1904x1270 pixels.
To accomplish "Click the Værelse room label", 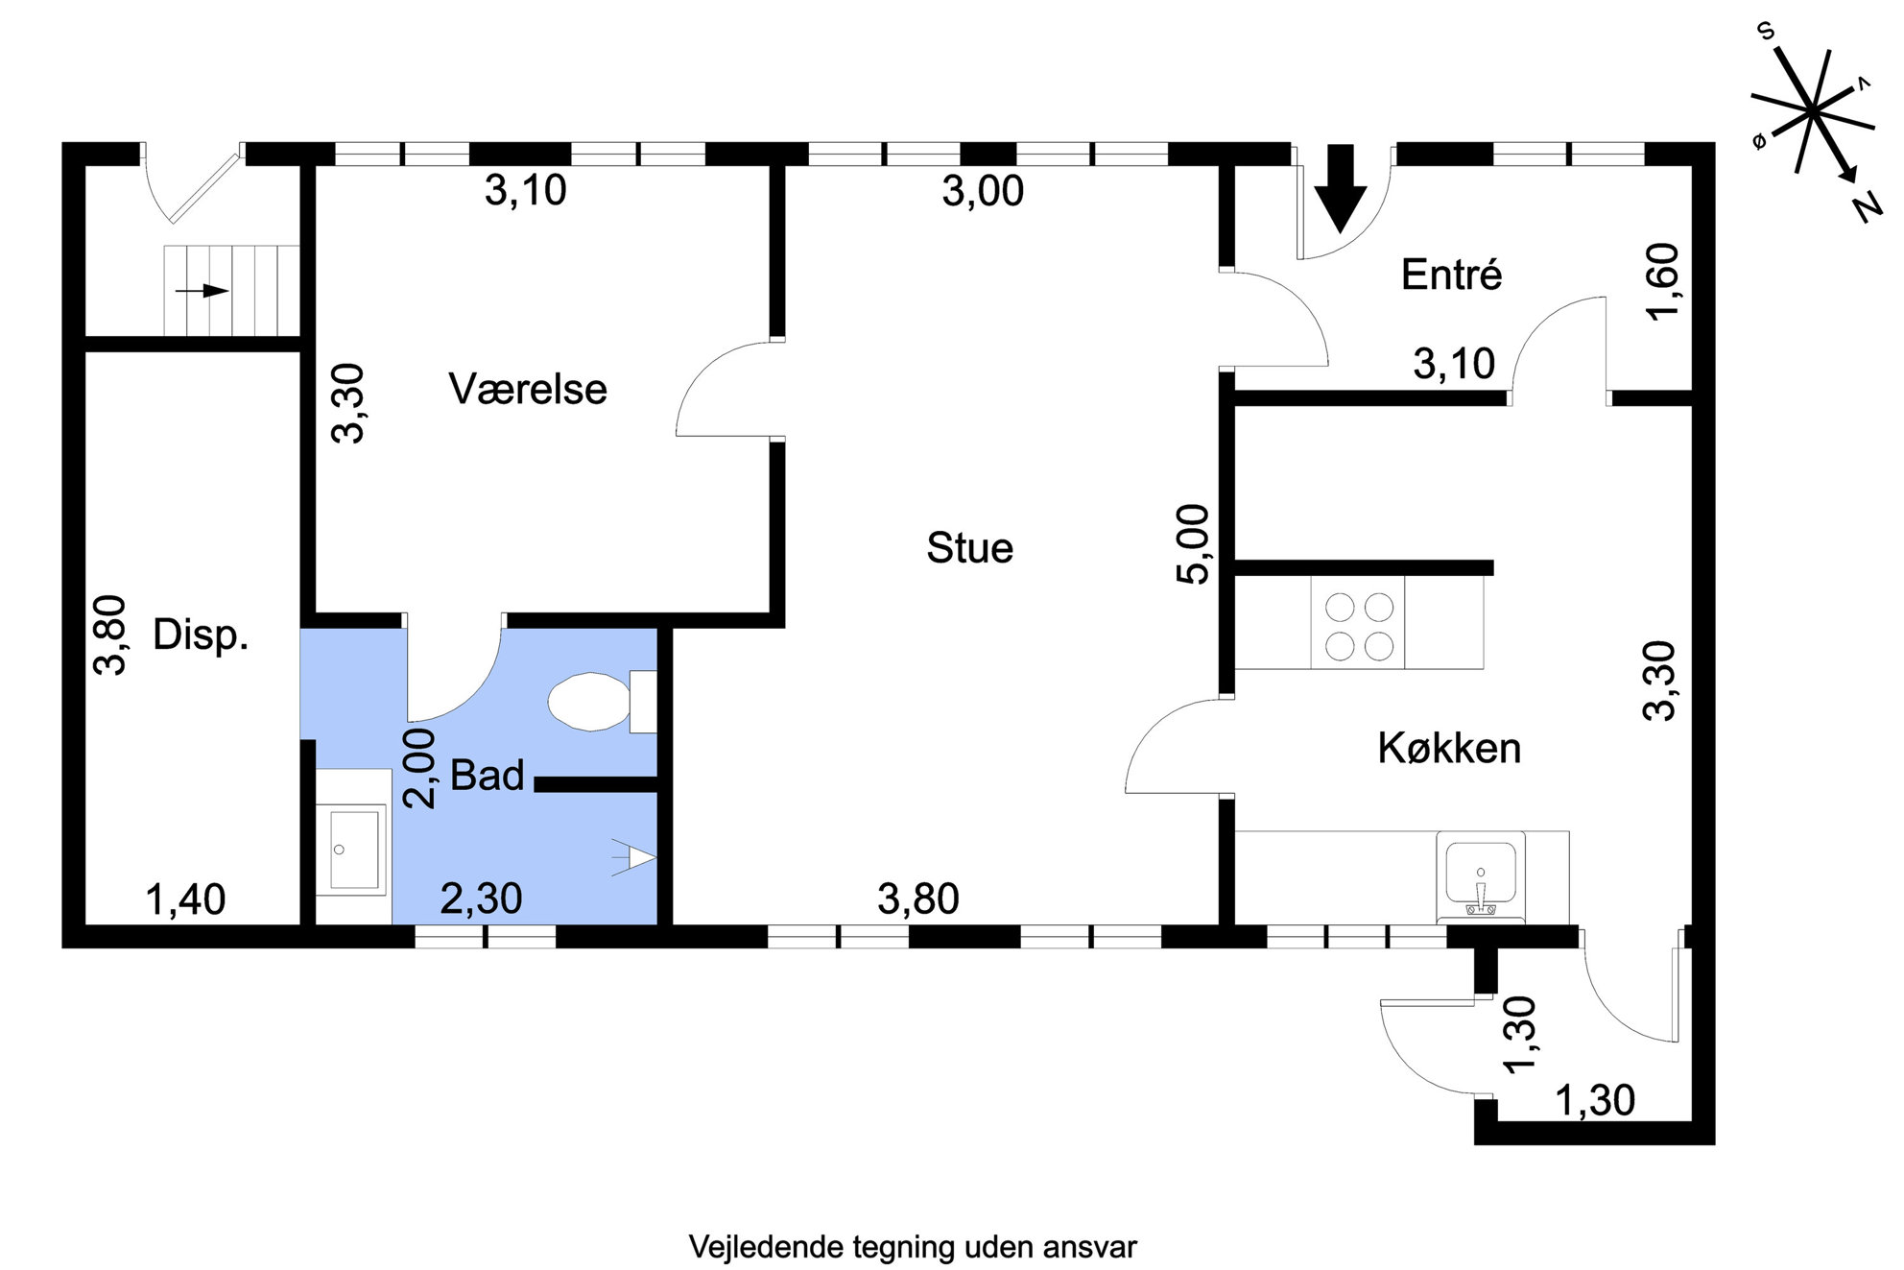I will coord(528,390).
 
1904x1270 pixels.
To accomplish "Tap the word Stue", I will coord(969,548).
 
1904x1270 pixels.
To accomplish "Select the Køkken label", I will coord(1449,748).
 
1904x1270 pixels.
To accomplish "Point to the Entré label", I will coord(1451,276).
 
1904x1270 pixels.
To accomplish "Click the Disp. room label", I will coord(201,635).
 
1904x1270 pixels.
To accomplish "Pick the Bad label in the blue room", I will coord(488,776).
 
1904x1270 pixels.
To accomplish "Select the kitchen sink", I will coord(1481,874).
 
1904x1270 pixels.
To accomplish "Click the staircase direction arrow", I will coord(202,290).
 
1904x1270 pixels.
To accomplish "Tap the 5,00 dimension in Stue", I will coord(1193,543).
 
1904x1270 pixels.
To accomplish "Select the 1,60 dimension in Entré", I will coord(1663,282).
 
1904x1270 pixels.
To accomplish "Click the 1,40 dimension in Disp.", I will coord(185,900).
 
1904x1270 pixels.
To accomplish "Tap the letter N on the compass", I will coord(1868,206).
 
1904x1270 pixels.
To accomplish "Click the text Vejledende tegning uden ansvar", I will coord(912,1247).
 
